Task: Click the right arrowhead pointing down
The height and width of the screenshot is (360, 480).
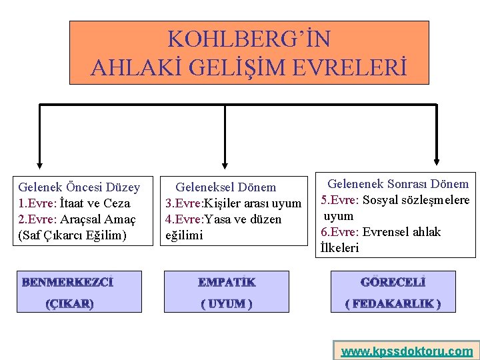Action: [437, 161]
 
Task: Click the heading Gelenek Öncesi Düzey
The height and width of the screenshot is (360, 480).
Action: [79, 187]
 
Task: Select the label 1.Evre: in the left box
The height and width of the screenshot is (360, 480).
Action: [37, 203]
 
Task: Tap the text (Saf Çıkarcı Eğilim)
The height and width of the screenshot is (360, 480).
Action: [72, 235]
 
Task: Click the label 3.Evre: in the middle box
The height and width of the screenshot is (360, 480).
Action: [186, 203]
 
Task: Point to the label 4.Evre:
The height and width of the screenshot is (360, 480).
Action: [186, 219]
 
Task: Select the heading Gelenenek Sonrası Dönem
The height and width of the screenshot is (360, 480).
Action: [399, 184]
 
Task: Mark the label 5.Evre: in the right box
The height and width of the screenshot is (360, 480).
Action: [341, 200]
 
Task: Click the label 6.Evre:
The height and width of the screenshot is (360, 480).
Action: [341, 232]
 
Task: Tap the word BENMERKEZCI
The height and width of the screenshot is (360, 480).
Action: [67, 283]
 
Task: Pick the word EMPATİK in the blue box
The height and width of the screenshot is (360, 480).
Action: [227, 283]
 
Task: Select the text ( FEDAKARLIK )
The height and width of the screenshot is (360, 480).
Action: [393, 304]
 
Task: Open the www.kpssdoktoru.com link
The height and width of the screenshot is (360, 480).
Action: [407, 351]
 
